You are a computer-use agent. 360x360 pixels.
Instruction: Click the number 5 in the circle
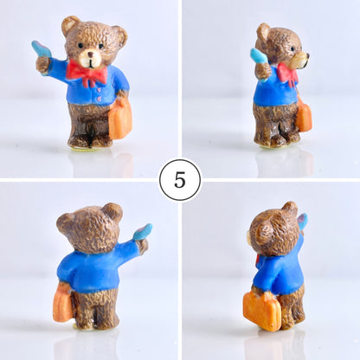pyautogui.click(x=180, y=180)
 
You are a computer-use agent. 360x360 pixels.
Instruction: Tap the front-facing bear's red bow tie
pyautogui.click(x=87, y=73)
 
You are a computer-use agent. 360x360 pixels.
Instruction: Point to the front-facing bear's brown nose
pyautogui.click(x=91, y=55)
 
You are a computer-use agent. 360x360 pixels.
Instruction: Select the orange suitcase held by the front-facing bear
pyautogui.click(x=120, y=119)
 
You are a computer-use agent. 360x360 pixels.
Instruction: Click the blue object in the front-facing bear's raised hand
pyautogui.click(x=42, y=49)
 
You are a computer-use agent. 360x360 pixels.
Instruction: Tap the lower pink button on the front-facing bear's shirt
pyautogui.click(x=100, y=98)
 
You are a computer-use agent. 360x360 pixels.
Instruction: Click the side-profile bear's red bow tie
pyautogui.click(x=288, y=74)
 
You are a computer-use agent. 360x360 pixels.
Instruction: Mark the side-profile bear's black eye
pyautogui.click(x=292, y=48)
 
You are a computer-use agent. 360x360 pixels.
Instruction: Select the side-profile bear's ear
pyautogui.click(x=263, y=32)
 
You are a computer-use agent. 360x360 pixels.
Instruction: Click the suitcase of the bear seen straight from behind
pyautogui.click(x=62, y=303)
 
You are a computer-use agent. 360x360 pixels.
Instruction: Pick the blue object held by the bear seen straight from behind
pyautogui.click(x=144, y=231)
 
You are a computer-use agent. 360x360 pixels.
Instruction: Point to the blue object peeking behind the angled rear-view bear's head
pyautogui.click(x=303, y=222)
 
